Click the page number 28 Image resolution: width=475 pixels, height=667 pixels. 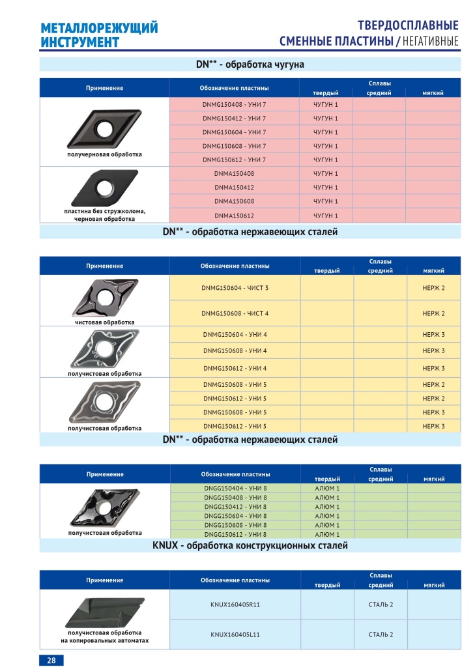pyautogui.click(x=51, y=660)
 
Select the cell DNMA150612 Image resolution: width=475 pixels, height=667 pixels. pyautogui.click(x=235, y=216)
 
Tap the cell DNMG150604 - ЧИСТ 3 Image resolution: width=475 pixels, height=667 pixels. pyautogui.click(x=235, y=287)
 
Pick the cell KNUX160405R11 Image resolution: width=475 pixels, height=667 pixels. pyautogui.click(x=235, y=604)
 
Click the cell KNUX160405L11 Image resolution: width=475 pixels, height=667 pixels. pyautogui.click(x=235, y=634)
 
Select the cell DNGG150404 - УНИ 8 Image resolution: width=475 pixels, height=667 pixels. pyautogui.click(x=235, y=488)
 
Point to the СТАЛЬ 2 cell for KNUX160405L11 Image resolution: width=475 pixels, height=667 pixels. pyautogui.click(x=381, y=634)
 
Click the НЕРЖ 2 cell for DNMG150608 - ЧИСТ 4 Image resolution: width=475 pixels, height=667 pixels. pyautogui.click(x=433, y=313)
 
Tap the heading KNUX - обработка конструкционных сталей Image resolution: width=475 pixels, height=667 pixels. pyautogui.click(x=250, y=546)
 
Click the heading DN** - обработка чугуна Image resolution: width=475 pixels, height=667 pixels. pyautogui.click(x=250, y=64)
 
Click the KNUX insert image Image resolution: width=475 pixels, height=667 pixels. pyautogui.click(x=104, y=612)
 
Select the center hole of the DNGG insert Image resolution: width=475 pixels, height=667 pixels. pyautogui.click(x=102, y=505)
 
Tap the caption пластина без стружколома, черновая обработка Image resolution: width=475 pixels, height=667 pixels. pyautogui.click(x=104, y=216)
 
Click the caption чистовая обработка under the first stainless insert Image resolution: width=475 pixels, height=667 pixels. pyautogui.click(x=104, y=322)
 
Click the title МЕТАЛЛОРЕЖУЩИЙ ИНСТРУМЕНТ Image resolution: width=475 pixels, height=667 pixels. pyautogui.click(x=99, y=35)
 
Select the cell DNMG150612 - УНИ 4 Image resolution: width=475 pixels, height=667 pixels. pyautogui.click(x=235, y=368)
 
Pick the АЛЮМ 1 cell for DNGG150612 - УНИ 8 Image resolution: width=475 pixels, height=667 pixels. pyautogui.click(x=326, y=534)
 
